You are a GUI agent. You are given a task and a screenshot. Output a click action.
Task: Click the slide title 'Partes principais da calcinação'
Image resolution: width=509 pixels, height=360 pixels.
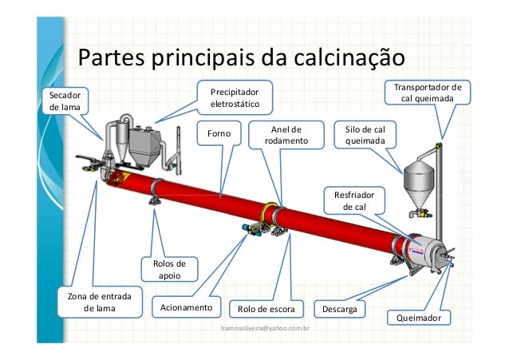click(x=242, y=59)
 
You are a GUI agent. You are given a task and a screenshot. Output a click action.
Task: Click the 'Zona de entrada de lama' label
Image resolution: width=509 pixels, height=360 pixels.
click(x=99, y=303)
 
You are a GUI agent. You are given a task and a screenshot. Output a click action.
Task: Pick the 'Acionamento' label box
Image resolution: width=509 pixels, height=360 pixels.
click(x=186, y=307)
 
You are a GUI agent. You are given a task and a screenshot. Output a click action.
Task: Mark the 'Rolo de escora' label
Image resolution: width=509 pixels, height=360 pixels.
click(x=266, y=308)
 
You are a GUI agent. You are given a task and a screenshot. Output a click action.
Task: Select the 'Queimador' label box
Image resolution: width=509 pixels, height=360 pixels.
click(x=418, y=318)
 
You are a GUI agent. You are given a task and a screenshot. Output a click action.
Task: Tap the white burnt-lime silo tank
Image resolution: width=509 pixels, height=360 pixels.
click(x=418, y=179)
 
